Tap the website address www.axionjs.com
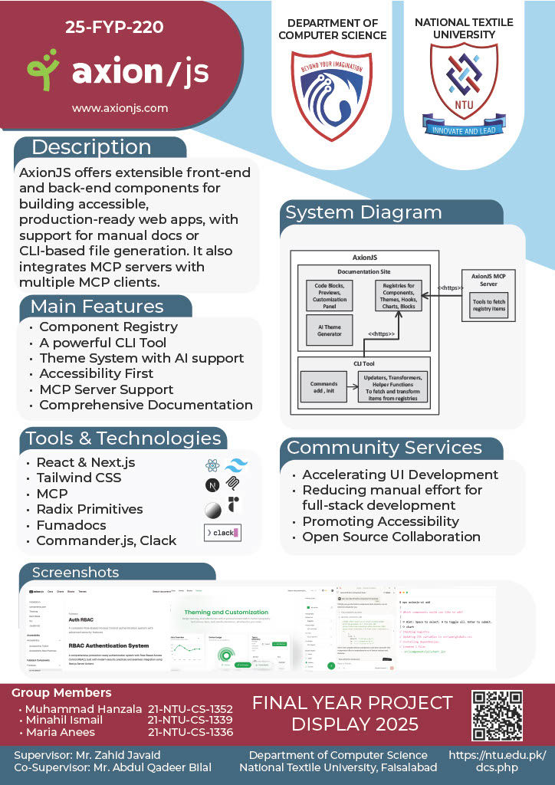[120, 108]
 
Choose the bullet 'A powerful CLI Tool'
[103, 342]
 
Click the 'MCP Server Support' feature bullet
[107, 389]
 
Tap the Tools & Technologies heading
[123, 438]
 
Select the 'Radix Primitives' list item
[90, 510]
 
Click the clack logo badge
[222, 532]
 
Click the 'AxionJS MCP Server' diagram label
[488, 280]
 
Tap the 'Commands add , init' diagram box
[324, 387]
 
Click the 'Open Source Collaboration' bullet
[391, 537]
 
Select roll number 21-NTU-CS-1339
[190, 721]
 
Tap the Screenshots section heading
[76, 573]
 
